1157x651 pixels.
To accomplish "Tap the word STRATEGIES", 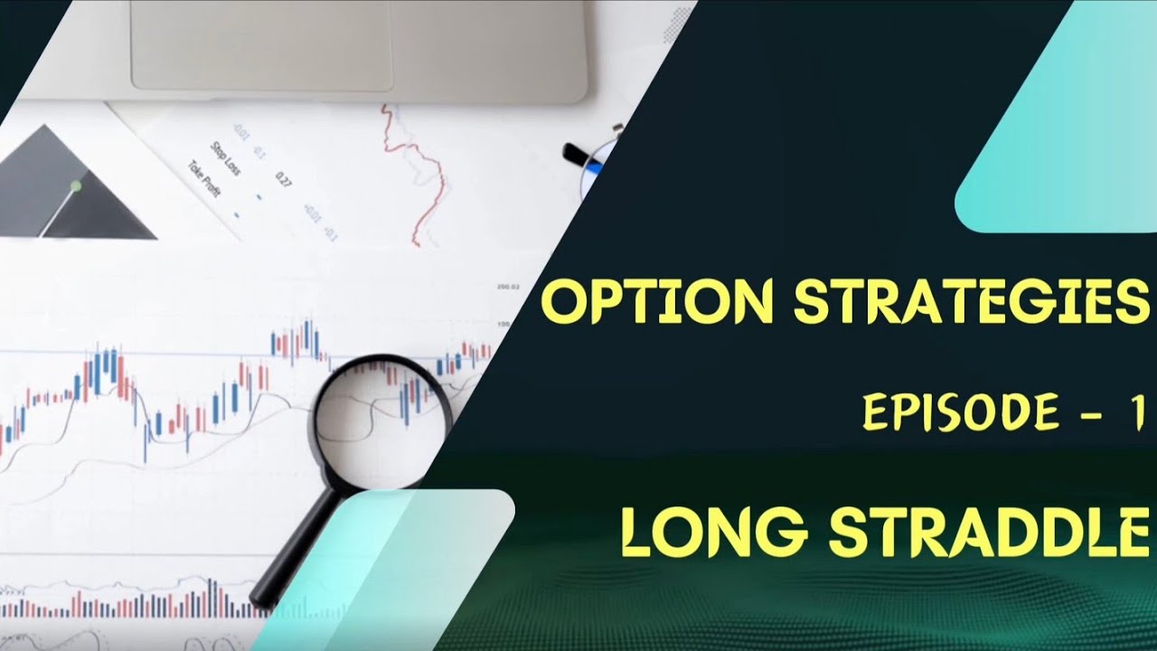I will coord(966,302).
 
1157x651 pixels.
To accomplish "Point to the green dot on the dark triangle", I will coord(76,186).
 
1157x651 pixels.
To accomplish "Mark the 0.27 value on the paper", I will coord(283,180).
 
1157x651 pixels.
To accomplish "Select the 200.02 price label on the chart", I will coord(509,288).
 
